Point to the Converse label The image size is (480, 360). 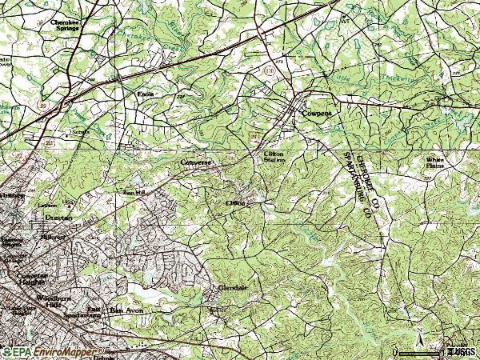(x=196, y=160)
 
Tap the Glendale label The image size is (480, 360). (x=233, y=286)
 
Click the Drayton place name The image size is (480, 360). (x=58, y=217)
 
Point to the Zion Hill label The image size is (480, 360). (x=134, y=193)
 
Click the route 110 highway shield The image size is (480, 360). (x=273, y=71)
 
